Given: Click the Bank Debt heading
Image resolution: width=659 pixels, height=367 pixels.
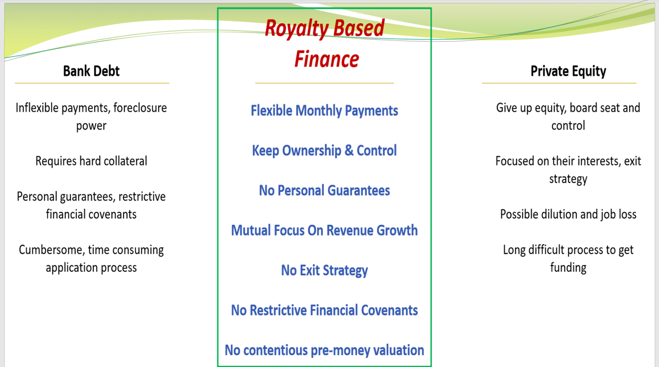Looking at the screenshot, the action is (x=91, y=71).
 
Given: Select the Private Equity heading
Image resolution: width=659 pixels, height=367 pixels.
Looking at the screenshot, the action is (x=568, y=71).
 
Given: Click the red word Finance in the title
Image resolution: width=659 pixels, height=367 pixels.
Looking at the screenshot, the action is (x=326, y=59).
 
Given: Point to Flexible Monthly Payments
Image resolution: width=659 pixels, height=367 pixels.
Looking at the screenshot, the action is (x=324, y=111).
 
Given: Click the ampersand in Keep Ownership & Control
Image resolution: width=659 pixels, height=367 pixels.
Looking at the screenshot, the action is (x=349, y=151).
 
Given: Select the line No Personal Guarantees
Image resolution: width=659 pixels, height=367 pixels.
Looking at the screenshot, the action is (x=324, y=190).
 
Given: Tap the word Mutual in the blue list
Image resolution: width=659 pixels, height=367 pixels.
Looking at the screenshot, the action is (x=250, y=230).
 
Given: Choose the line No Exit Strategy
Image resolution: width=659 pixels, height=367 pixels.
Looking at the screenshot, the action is (x=324, y=271).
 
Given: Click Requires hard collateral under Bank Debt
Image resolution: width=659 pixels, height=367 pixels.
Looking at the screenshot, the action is (x=91, y=161).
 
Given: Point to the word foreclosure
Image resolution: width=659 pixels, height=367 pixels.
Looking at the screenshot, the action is (x=140, y=108).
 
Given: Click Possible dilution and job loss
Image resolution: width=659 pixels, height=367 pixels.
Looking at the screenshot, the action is (x=568, y=214).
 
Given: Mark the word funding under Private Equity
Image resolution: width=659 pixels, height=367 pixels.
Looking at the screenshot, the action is (x=568, y=268).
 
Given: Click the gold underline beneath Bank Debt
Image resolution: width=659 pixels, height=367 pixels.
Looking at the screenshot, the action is (x=92, y=84).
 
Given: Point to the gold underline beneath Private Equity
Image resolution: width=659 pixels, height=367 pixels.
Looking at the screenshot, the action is (x=559, y=84).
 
